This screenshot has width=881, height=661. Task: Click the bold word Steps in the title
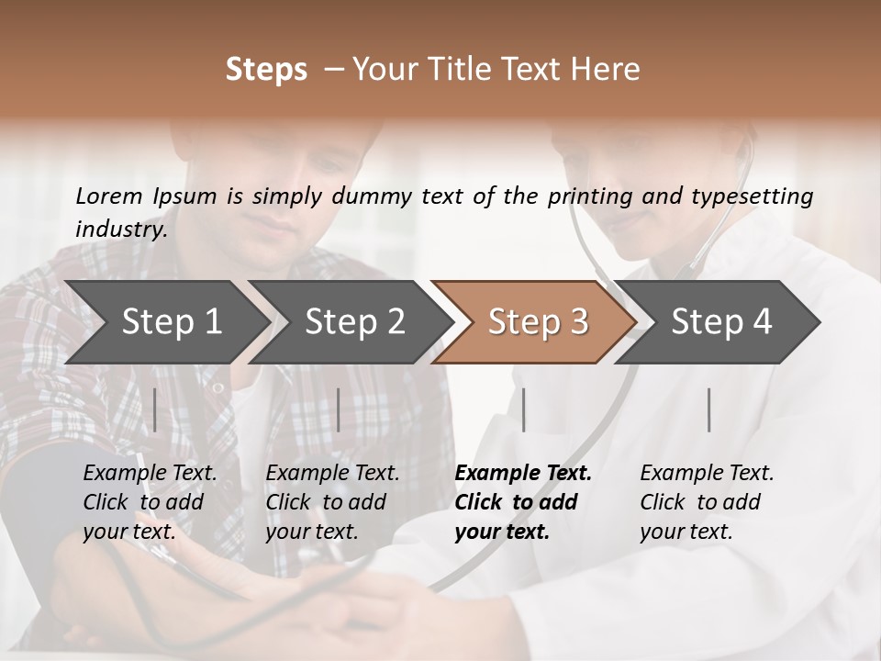(266, 70)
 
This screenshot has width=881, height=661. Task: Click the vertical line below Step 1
(154, 409)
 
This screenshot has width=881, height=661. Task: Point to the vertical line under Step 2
(339, 409)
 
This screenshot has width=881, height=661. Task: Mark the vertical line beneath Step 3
(523, 409)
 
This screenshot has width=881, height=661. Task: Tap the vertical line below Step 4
(708, 409)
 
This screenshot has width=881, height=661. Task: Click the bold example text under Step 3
(523, 502)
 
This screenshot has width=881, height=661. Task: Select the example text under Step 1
(150, 502)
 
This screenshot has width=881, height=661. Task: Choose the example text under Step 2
(332, 502)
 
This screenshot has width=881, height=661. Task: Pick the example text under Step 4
(707, 502)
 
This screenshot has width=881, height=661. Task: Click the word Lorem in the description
(109, 196)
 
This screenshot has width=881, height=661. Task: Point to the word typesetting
(755, 196)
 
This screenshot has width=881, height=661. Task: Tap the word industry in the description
(120, 229)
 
